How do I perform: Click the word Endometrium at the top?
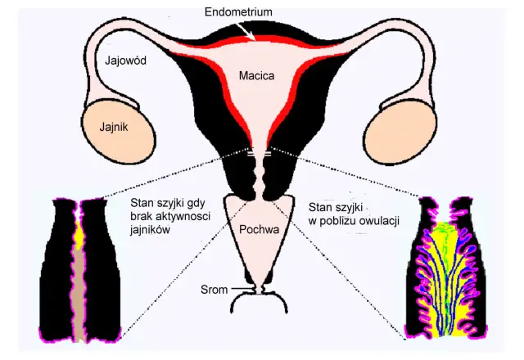pyautogui.click(x=238, y=12)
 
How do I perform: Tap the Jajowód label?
pyautogui.click(x=125, y=61)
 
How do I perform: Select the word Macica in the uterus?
pyautogui.click(x=256, y=76)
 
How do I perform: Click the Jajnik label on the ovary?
pyautogui.click(x=114, y=127)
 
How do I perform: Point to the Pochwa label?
pyautogui.click(x=259, y=229)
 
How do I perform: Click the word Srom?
pyautogui.click(x=214, y=289)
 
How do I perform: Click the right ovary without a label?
pyautogui.click(x=400, y=133)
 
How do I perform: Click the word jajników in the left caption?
pyautogui.click(x=150, y=230)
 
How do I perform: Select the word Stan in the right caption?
pyautogui.click(x=318, y=207)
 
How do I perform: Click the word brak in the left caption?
pyautogui.click(x=140, y=216)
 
